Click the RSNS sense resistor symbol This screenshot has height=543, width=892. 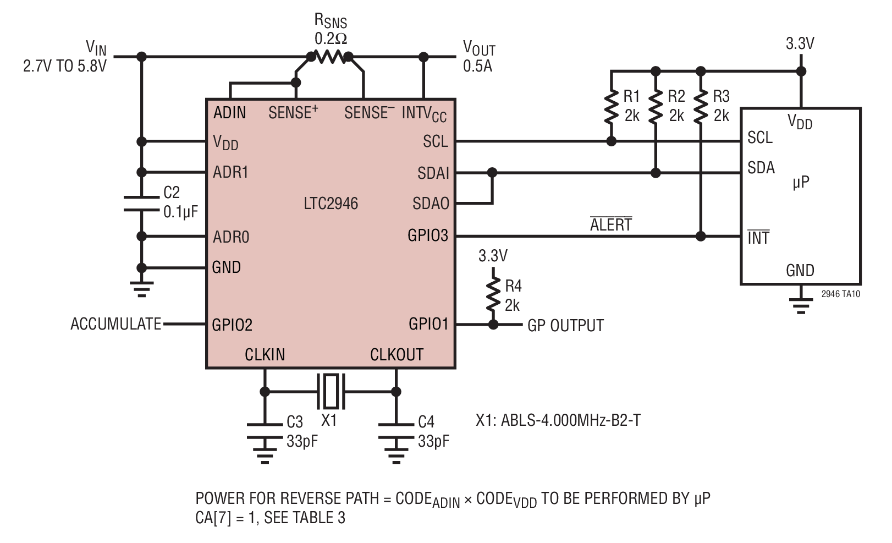(x=330, y=57)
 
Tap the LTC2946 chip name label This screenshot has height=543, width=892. (x=331, y=204)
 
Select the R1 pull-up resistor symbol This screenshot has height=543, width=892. (x=612, y=108)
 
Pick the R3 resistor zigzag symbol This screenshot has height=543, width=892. (x=701, y=108)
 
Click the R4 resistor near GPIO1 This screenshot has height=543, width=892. (x=493, y=295)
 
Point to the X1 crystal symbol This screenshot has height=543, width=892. (x=331, y=392)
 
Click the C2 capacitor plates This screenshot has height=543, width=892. (x=141, y=204)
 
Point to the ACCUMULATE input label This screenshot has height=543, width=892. (x=116, y=324)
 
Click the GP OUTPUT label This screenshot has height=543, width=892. (x=565, y=326)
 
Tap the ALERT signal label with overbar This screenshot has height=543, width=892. (x=611, y=224)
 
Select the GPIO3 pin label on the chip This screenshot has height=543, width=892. (x=428, y=235)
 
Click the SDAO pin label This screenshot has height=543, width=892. (x=431, y=204)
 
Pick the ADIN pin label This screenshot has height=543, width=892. (x=230, y=113)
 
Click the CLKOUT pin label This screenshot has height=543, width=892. (x=397, y=354)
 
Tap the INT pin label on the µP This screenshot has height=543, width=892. (x=758, y=238)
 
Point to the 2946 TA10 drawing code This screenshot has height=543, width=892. (x=841, y=294)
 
